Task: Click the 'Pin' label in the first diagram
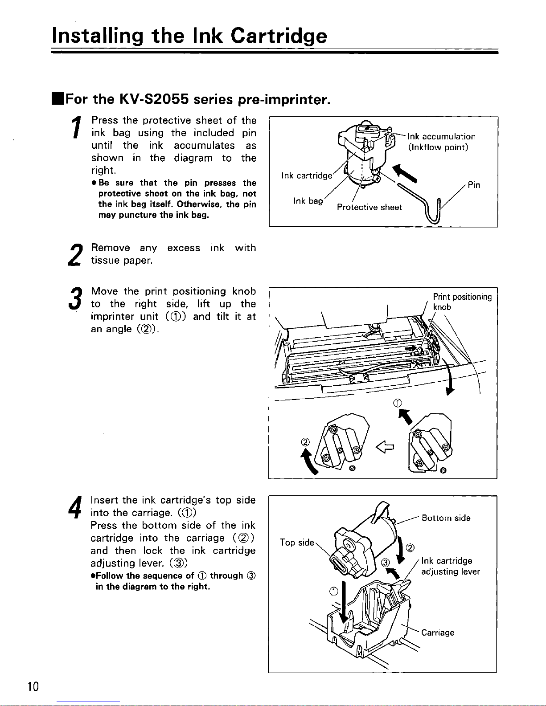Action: tap(474, 185)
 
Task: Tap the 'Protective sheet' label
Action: tap(369, 207)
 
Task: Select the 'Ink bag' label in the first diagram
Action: tap(308, 201)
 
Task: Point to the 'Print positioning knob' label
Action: tap(462, 302)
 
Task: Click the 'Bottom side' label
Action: tap(446, 518)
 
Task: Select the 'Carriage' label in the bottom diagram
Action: tap(438, 633)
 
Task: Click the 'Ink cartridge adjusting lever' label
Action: tap(450, 566)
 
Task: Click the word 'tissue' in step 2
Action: tap(105, 261)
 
